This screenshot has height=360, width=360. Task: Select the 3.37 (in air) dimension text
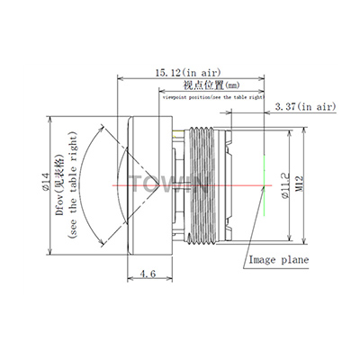click(x=304, y=107)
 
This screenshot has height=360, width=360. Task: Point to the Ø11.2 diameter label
click(x=285, y=185)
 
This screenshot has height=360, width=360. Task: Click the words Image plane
click(x=278, y=260)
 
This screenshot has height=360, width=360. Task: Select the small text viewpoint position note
click(x=214, y=94)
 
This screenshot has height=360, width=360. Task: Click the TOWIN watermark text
click(x=171, y=184)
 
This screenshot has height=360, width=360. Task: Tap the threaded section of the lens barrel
click(x=203, y=185)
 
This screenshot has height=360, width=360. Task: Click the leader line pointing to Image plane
click(x=254, y=243)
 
